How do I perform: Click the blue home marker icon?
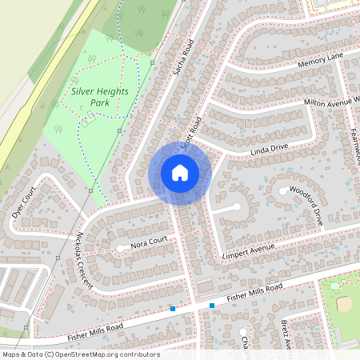[180, 173]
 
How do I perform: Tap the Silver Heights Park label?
[101, 98]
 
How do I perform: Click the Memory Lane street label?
[320, 61]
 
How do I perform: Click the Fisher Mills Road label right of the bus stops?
[254, 293]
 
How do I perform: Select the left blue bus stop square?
[172, 309]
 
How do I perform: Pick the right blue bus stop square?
[212, 305]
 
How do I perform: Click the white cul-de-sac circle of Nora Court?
[121, 248]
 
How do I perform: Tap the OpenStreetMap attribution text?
[80, 354]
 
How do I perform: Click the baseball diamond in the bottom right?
[345, 302]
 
